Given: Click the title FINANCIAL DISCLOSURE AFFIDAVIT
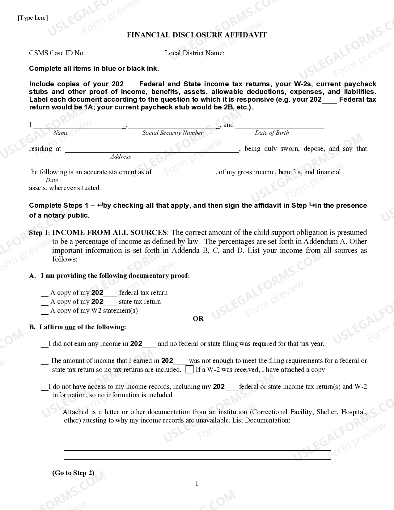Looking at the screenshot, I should [197, 35].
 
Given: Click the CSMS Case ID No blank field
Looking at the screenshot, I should [120, 54].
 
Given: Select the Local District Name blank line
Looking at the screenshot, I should [257, 54].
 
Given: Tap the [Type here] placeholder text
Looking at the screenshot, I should [33, 18].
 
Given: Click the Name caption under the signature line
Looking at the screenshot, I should [61, 133].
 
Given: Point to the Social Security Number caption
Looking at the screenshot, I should [173, 133].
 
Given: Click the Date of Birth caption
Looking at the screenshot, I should [272, 133].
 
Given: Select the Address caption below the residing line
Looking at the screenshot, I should [121, 157].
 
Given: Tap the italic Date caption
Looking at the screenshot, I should [52, 180].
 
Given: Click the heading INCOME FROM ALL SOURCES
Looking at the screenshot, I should [109, 232].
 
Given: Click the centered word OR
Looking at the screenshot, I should [198, 319].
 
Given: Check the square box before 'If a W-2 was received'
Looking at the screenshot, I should [189, 369].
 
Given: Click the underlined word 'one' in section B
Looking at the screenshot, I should [70, 327].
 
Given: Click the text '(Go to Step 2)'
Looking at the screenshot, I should [73, 473].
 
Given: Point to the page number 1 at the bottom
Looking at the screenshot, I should [197, 484].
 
